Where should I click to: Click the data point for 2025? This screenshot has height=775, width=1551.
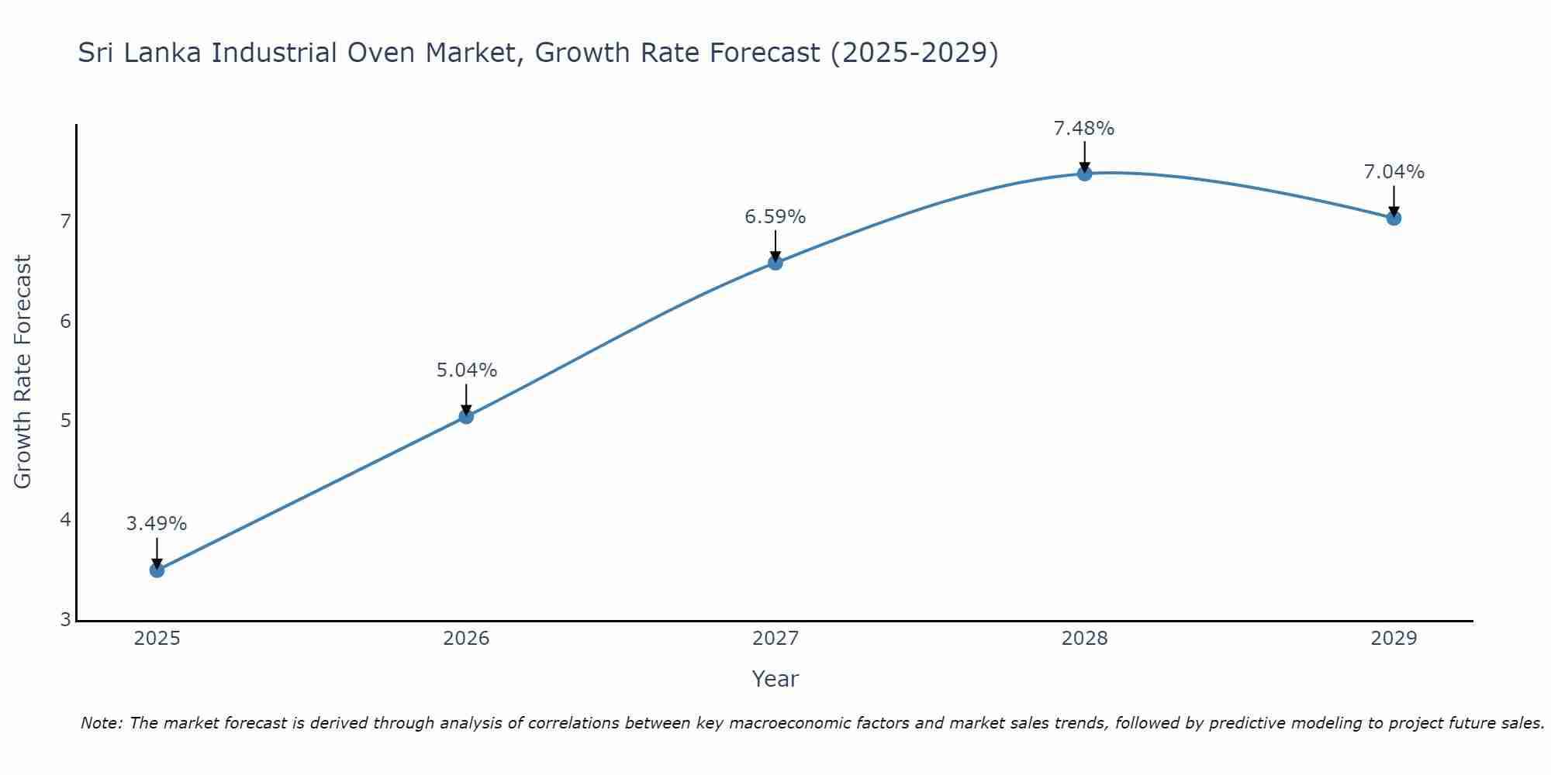coord(157,570)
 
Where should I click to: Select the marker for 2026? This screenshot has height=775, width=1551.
coord(466,417)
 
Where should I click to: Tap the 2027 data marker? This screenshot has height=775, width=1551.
coord(775,263)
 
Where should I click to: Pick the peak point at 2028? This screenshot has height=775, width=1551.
coord(1084,174)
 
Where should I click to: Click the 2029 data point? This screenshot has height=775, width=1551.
coord(1394,219)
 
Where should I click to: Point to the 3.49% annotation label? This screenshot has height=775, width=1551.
coord(157,524)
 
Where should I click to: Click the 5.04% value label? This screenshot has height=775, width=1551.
coord(466,370)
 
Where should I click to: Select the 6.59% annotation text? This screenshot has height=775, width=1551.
coord(775,217)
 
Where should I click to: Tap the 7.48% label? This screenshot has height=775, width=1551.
coord(1084,129)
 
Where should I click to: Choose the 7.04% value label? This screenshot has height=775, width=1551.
coord(1394,172)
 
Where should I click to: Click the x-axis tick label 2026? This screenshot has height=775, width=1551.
coord(466,639)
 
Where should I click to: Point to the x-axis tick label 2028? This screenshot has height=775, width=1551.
coord(1084,639)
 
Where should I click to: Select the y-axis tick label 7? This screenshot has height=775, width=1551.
coord(65,222)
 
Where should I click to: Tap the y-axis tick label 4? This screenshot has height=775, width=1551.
coord(65,520)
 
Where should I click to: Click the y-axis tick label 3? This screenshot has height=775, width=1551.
coord(65,620)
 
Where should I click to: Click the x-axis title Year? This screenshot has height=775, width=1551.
coord(775,679)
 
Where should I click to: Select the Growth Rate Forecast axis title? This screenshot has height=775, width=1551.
coord(23,372)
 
